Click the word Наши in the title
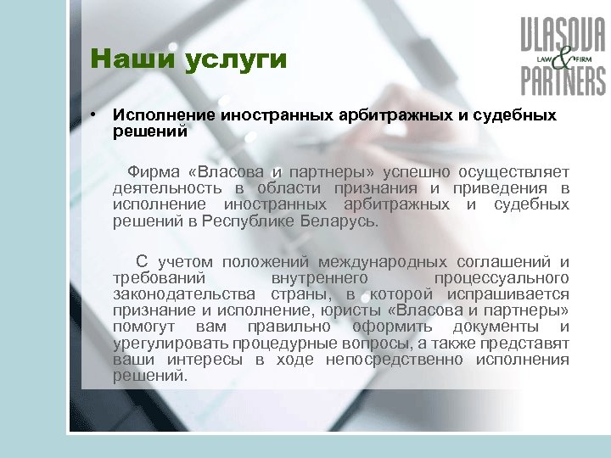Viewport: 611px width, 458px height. click(x=126, y=61)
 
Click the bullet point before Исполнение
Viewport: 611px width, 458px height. click(x=99, y=114)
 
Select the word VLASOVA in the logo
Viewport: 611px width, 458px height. click(x=563, y=37)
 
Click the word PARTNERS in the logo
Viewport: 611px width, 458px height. click(x=563, y=80)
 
